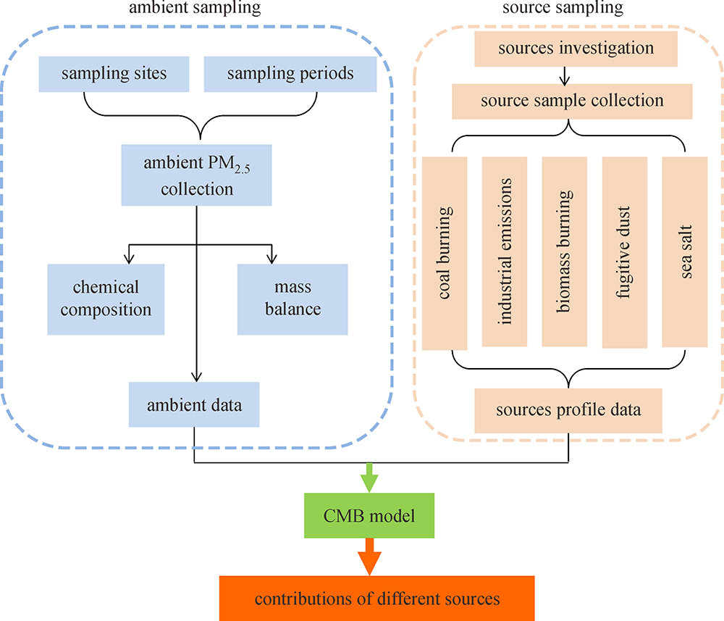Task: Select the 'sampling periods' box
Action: (x=290, y=75)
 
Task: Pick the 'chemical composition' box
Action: (x=106, y=299)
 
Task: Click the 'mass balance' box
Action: (x=292, y=299)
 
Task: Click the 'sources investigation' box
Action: (x=576, y=49)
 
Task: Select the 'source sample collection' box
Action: (x=571, y=101)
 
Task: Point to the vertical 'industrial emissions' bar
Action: (x=505, y=251)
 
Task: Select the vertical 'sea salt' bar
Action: (x=685, y=251)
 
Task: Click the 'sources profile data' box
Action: (x=568, y=410)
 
